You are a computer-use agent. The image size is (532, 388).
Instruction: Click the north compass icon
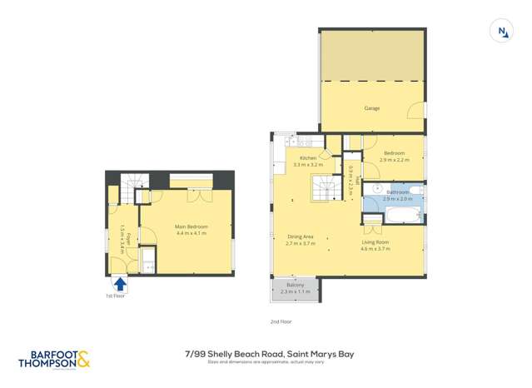pos(502,32)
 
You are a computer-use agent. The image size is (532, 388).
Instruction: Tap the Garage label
pos(371,108)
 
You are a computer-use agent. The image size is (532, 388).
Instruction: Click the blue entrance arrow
pos(119,284)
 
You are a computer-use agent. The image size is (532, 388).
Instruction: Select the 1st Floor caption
pos(115,296)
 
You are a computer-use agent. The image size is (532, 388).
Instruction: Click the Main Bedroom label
pos(191,226)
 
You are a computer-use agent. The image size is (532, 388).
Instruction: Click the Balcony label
pos(295,286)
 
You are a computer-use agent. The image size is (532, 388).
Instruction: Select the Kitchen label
pos(307,158)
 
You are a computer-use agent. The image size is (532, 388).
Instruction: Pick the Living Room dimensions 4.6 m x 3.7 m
pos(375,249)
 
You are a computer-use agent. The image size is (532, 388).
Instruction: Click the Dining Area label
pos(300,236)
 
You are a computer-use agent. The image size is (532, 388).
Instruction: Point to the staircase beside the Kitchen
pos(324,187)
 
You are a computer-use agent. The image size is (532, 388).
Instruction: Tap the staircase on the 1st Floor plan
pos(133,187)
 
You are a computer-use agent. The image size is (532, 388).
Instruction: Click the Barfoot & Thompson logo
pos(52,359)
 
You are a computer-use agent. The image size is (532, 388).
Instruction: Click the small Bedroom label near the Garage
pos(394,153)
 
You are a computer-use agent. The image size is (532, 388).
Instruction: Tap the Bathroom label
pos(397,192)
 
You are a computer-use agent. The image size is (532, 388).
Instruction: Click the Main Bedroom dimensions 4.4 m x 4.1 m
pos(191,233)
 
